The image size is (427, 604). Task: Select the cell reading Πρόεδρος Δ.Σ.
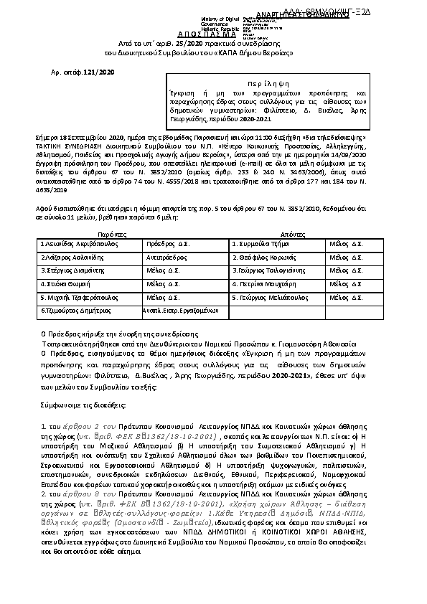point(166,245)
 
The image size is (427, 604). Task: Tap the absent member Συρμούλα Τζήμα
point(260,245)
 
